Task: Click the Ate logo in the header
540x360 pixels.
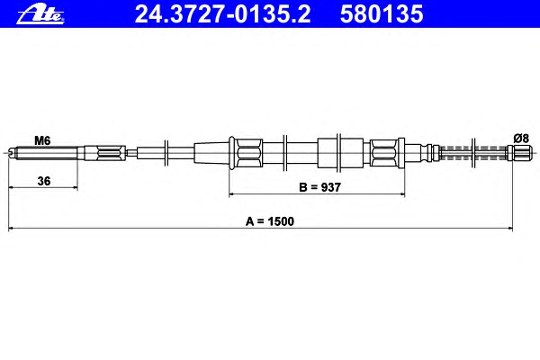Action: click(x=40, y=15)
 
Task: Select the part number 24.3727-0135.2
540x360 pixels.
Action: click(x=223, y=14)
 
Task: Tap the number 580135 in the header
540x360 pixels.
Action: click(x=382, y=14)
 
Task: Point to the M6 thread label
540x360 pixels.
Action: click(x=42, y=140)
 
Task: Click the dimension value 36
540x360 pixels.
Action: click(x=44, y=181)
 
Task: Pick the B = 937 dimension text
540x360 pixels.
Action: click(x=319, y=187)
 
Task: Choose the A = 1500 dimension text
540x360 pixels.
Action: click(x=270, y=221)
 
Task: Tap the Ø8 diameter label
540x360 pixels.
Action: click(x=521, y=139)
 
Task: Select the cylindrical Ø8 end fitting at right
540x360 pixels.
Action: click(x=519, y=153)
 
